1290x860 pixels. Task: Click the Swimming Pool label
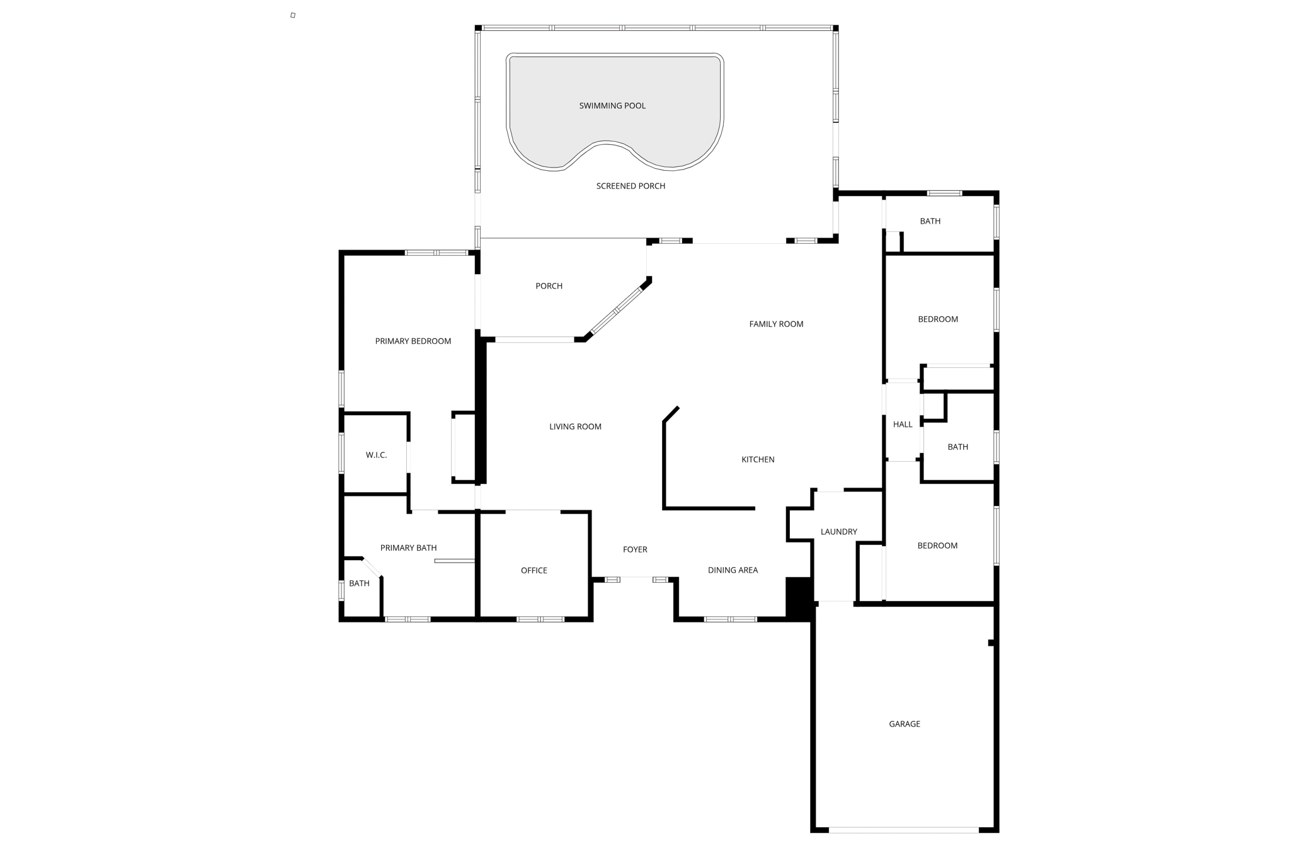point(612,106)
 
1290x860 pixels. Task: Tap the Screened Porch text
point(631,186)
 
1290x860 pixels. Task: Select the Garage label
point(905,724)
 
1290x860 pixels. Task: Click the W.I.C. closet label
point(376,455)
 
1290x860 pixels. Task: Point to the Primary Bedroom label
point(413,341)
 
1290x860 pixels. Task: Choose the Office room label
point(534,570)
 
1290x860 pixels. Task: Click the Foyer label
point(635,549)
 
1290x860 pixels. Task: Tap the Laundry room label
point(838,532)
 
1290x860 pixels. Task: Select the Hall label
point(903,424)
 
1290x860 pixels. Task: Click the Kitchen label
point(758,459)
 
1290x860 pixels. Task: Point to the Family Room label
point(776,324)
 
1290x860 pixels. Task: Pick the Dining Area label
point(733,570)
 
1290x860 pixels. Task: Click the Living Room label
point(575,427)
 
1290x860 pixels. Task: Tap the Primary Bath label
point(408,548)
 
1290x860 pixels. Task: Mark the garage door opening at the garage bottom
point(903,830)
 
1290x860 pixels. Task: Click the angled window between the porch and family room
point(615,311)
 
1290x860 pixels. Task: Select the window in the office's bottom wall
point(540,619)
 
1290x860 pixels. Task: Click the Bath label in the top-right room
point(930,221)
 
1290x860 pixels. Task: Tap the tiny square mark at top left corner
point(293,15)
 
